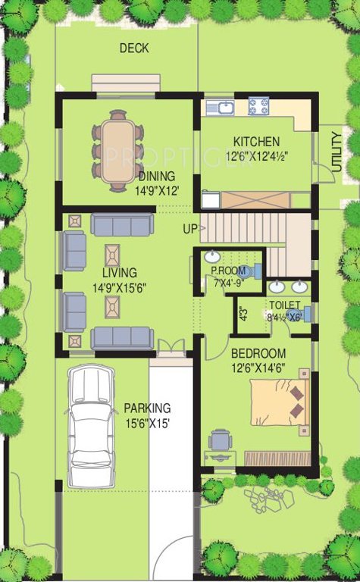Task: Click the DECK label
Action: pyautogui.click(x=134, y=48)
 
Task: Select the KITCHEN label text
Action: pyautogui.click(x=256, y=142)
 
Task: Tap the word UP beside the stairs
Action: pyautogui.click(x=189, y=227)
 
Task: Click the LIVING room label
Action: pyautogui.click(x=119, y=273)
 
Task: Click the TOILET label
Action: pyautogui.click(x=284, y=305)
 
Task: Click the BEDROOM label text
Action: pyautogui.click(x=258, y=353)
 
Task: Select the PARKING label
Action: pyautogui.click(x=147, y=408)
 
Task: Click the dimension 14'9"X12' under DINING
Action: pyautogui.click(x=157, y=192)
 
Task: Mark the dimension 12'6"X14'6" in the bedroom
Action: pyautogui.click(x=258, y=368)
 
